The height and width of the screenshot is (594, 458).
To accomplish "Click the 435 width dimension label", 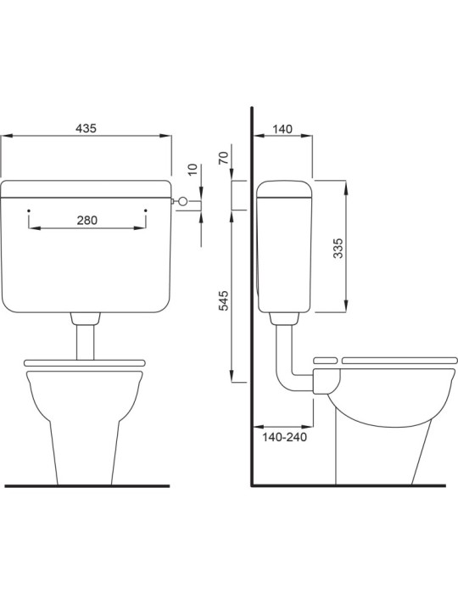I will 87,128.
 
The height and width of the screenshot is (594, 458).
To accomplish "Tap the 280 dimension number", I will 87,220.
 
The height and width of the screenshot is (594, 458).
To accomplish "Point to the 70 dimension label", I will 223,160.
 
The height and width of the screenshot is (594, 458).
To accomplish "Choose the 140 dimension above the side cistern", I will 282,128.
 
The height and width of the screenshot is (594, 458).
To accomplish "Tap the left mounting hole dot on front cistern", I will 29,209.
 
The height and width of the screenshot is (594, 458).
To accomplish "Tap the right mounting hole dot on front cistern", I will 146,209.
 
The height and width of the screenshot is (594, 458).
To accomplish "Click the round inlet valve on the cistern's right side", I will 180,201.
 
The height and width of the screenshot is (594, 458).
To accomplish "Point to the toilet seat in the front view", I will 85,362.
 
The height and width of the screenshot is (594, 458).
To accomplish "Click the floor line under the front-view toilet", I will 85,486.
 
